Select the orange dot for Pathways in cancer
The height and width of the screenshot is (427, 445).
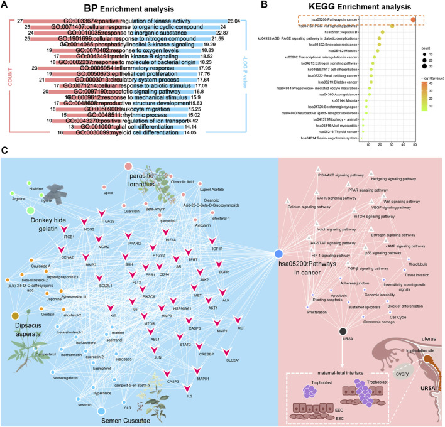click(414, 21)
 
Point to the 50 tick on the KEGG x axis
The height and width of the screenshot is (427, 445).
click(414, 144)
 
